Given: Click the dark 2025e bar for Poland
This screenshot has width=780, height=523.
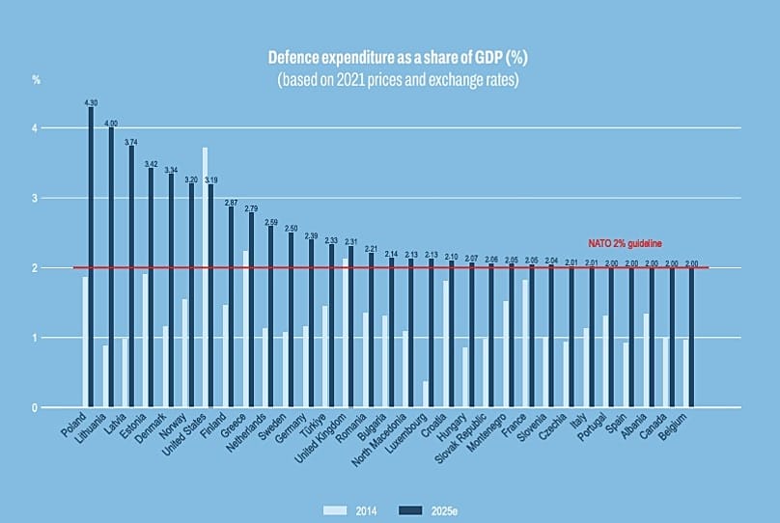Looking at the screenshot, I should coord(91,257).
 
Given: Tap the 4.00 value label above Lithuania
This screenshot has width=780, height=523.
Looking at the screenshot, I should coord(111,124).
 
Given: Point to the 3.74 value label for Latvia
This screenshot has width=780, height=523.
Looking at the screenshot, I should coord(130,142).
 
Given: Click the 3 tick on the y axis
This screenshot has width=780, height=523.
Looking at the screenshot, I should coord(37,199).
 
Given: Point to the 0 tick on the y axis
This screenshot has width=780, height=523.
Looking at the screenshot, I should coord(37,407).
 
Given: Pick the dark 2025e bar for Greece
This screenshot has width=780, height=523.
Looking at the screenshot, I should coord(251,310).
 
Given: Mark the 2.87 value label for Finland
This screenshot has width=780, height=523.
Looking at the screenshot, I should coord(231,203).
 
